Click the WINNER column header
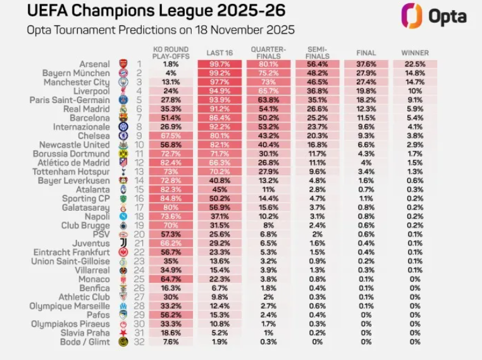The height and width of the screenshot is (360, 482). click(x=414, y=53)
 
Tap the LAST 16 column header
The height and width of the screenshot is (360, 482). click(x=219, y=53)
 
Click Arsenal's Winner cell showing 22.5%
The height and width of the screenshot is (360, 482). click(x=414, y=64)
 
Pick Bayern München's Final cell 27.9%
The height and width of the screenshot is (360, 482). click(x=366, y=73)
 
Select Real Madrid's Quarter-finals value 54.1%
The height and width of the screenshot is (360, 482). click(x=268, y=109)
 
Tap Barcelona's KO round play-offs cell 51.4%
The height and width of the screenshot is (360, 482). click(x=170, y=118)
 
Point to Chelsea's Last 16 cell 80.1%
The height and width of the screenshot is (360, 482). click(x=219, y=135)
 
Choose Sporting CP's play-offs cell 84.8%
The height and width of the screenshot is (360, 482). click(x=170, y=198)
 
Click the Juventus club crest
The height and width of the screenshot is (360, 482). click(x=123, y=243)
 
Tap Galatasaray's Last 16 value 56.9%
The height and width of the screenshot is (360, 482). click(x=219, y=207)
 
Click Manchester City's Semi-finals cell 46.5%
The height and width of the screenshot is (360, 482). click(x=317, y=82)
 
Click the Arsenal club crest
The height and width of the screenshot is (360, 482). click(x=123, y=64)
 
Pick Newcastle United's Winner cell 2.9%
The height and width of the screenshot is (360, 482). click(x=414, y=144)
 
